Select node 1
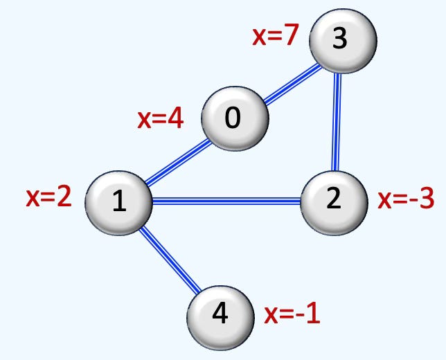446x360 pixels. click(x=118, y=201)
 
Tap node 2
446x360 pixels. click(x=334, y=199)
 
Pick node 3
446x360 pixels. click(x=341, y=39)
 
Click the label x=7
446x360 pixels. click(x=275, y=36)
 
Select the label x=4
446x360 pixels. click(x=161, y=119)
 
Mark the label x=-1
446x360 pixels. click(x=292, y=315)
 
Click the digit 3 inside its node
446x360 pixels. click(x=339, y=39)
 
